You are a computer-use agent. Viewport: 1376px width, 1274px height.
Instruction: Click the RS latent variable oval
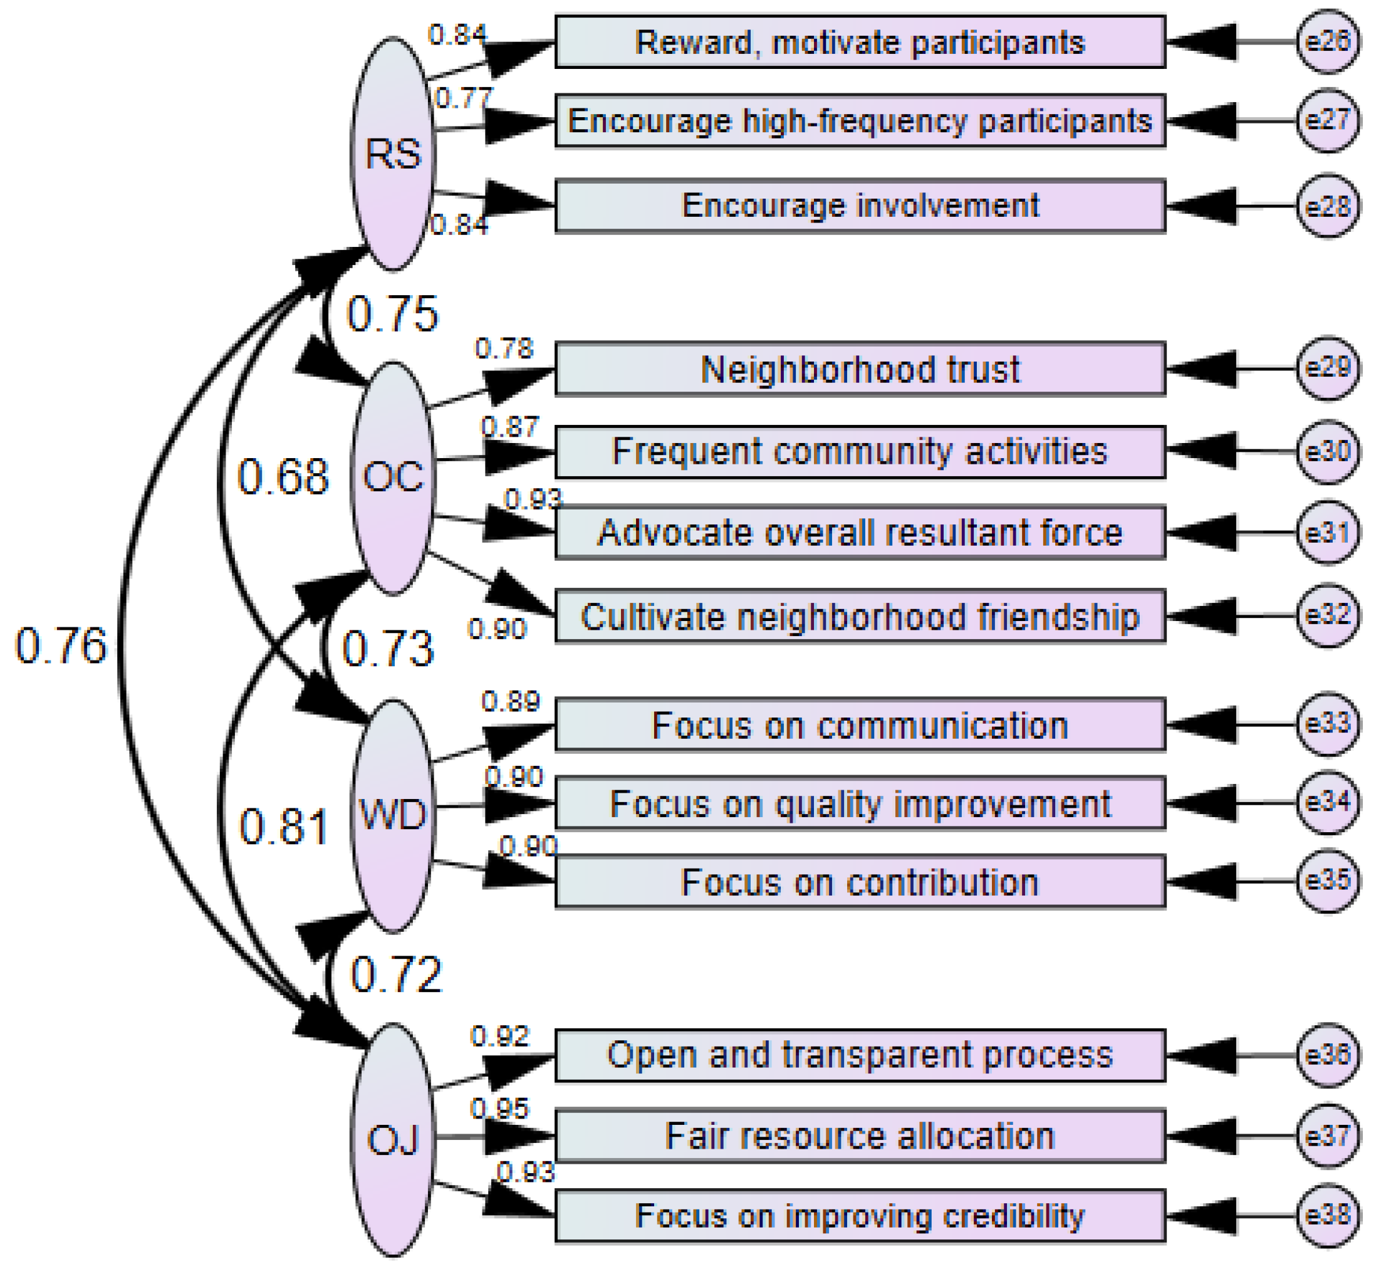(392, 153)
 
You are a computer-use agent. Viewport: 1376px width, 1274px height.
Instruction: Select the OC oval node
(392, 477)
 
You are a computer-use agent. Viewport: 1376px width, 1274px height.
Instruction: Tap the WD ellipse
(392, 815)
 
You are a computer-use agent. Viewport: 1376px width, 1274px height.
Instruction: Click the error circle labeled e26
(1326, 41)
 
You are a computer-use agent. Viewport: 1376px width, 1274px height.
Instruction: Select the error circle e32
(1326, 614)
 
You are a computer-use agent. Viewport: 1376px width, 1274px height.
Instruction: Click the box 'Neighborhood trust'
(859, 369)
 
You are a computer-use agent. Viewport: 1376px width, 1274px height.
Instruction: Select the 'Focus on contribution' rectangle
(859, 882)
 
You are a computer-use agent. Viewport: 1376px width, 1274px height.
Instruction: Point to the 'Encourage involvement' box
(859, 206)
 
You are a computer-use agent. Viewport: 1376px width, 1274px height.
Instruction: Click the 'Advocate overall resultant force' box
(859, 533)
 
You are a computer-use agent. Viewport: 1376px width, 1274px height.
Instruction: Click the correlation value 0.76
(61, 646)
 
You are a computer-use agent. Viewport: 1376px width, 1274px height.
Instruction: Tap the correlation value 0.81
(283, 827)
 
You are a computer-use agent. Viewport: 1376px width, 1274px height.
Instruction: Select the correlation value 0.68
(283, 477)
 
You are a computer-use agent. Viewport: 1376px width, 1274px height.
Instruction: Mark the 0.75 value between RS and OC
(392, 315)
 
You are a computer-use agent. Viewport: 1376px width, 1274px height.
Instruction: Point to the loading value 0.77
(463, 98)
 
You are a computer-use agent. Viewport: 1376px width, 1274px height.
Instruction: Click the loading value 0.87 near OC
(509, 427)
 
